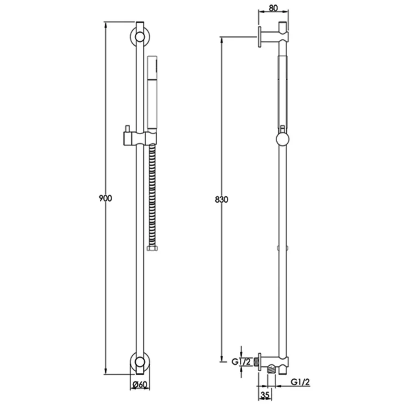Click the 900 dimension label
(105, 198)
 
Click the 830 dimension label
(221, 199)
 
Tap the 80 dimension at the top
(274, 8)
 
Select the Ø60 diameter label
(140, 385)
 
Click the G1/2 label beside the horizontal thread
(241, 361)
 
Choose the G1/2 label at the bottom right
(300, 382)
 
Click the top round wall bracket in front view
(140, 37)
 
